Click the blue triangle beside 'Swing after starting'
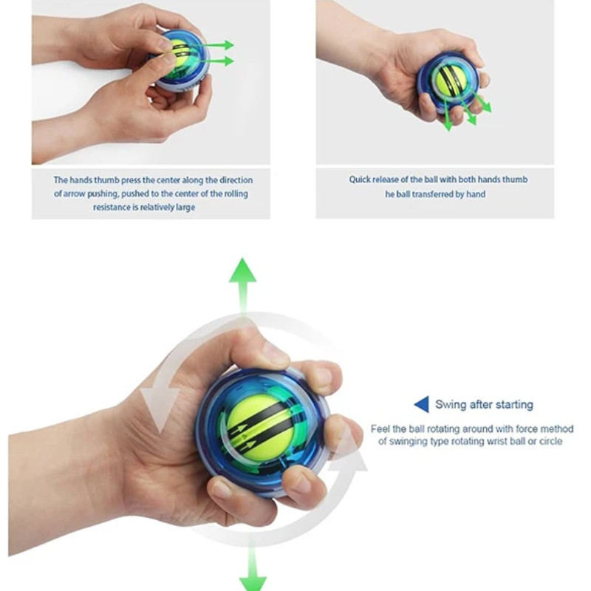423,404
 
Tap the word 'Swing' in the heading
448,405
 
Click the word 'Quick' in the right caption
360,180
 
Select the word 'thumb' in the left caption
106,180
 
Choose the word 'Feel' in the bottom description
380,429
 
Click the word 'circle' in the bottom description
550,441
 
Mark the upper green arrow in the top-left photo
211,45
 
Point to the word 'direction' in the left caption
236,180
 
